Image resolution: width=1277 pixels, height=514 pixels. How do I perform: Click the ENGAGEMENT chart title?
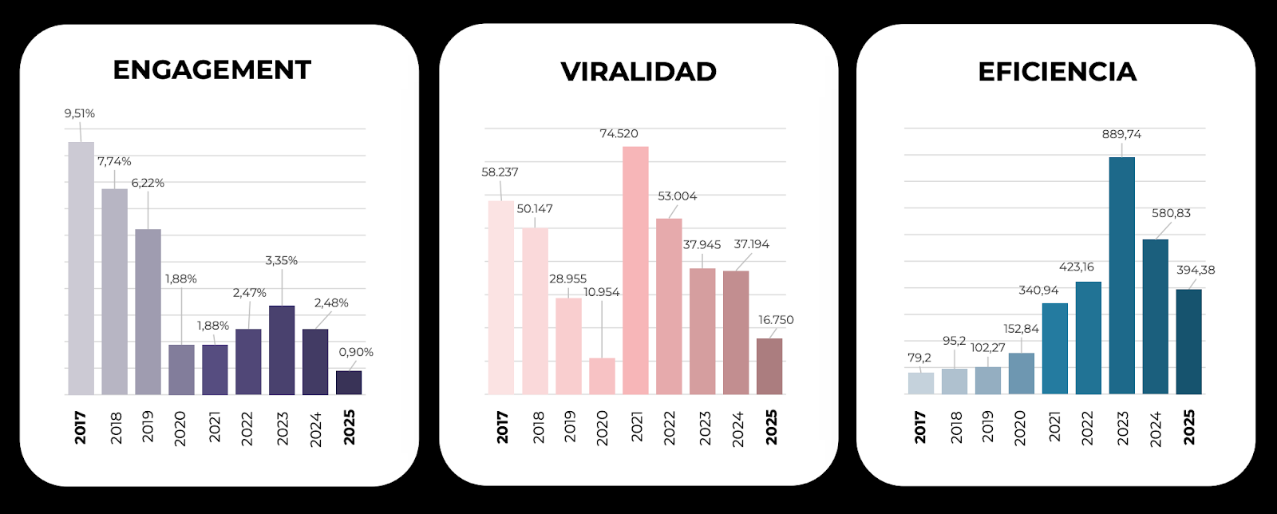pyautogui.click(x=212, y=70)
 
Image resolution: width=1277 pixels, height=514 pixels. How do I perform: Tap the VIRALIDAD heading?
pyautogui.click(x=638, y=72)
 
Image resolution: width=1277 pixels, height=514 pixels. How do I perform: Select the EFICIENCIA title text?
pyautogui.click(x=1057, y=72)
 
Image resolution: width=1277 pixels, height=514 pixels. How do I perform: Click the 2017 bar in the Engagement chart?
pyautogui.click(x=81, y=268)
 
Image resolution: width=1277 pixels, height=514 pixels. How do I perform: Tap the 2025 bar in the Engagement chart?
pyautogui.click(x=349, y=382)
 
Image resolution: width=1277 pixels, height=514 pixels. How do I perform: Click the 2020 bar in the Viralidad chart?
pyautogui.click(x=603, y=376)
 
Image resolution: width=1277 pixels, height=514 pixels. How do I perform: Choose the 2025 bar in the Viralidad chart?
pyautogui.click(x=769, y=366)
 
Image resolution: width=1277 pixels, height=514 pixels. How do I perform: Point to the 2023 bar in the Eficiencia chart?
pyautogui.click(x=1121, y=275)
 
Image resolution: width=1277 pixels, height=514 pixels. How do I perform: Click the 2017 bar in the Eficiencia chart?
pyautogui.click(x=920, y=383)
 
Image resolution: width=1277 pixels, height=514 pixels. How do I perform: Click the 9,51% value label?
pyautogui.click(x=80, y=113)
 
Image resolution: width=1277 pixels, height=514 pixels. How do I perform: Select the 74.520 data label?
pyautogui.click(x=619, y=133)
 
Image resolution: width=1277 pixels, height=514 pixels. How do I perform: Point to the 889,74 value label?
pyautogui.click(x=1121, y=134)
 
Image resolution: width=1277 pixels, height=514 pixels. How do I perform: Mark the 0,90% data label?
pyautogui.click(x=356, y=352)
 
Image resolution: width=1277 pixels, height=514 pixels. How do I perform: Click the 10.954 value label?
pyautogui.click(x=602, y=292)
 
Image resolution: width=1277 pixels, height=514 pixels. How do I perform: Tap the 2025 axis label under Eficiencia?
pyautogui.click(x=1189, y=427)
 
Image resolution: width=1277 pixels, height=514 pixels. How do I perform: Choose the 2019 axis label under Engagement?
pyautogui.click(x=148, y=427)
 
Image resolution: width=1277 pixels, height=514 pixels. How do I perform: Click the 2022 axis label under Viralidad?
pyautogui.click(x=670, y=428)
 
